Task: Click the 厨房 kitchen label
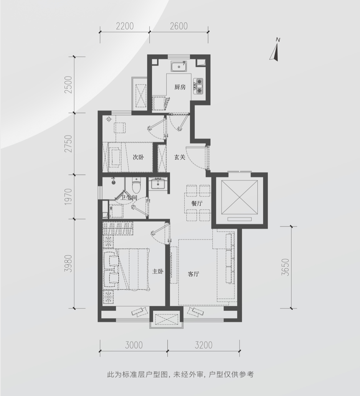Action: click(x=180, y=87)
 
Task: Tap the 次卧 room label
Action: click(x=139, y=157)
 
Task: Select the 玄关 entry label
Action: click(x=180, y=157)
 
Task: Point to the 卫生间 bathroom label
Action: click(x=129, y=198)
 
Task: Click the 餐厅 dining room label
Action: click(x=197, y=203)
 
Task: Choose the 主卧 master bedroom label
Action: click(x=158, y=272)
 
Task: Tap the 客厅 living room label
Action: click(x=193, y=274)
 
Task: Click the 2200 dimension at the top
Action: click(x=125, y=26)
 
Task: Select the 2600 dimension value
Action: click(x=179, y=26)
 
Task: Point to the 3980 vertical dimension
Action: click(x=68, y=263)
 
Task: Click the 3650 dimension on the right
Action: click(x=285, y=267)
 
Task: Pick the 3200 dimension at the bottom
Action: click(x=204, y=345)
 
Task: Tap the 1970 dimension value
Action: click(x=68, y=196)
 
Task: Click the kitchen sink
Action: click(x=179, y=67)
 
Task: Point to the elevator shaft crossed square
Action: click(x=239, y=196)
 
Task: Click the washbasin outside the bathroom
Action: click(x=157, y=183)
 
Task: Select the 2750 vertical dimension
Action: click(x=68, y=144)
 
